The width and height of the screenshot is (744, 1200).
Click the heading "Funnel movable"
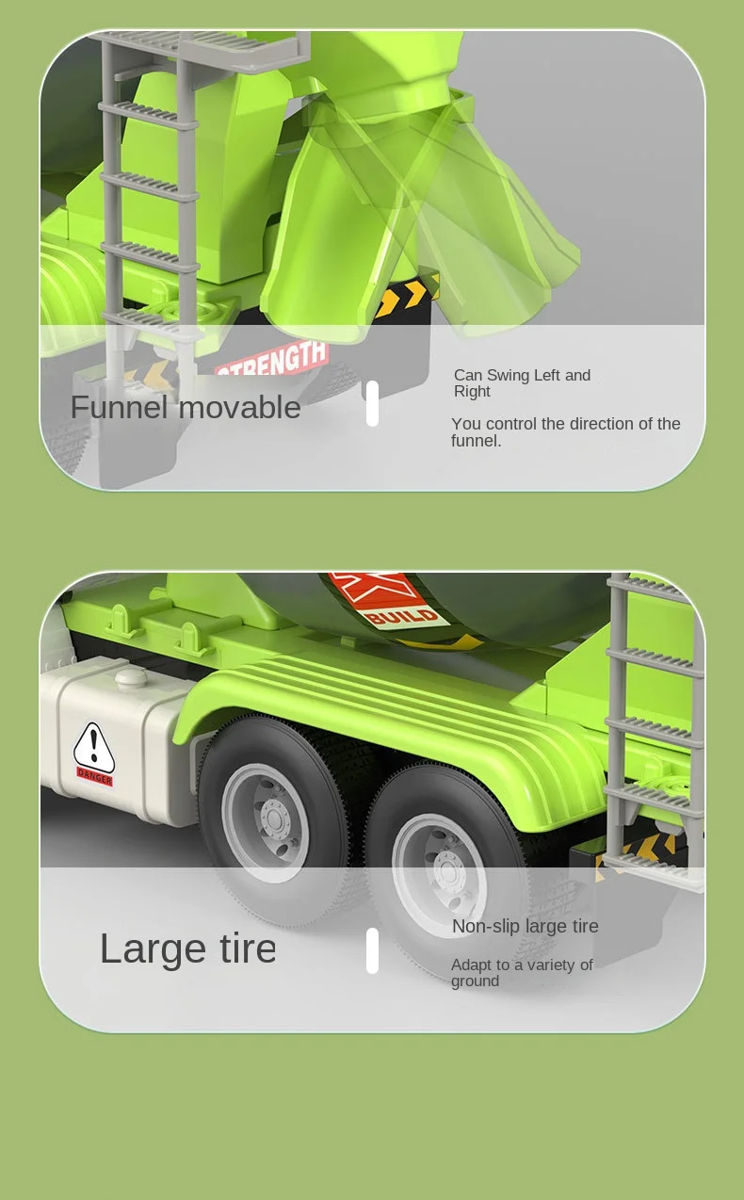tap(186, 407)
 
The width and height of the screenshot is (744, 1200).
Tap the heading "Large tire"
tap(188, 949)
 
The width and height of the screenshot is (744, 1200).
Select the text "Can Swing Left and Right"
tap(523, 383)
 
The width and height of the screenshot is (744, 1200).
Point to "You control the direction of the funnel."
tap(566, 431)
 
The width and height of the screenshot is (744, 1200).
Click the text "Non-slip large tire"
tap(525, 926)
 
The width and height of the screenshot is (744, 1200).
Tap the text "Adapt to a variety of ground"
tap(522, 972)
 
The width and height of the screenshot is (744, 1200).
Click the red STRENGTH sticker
tap(272, 359)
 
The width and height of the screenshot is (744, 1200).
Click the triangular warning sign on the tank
tap(94, 745)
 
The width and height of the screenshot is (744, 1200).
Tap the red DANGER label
tap(95, 776)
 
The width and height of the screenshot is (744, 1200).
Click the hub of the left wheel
tap(274, 819)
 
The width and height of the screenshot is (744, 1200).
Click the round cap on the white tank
tap(131, 678)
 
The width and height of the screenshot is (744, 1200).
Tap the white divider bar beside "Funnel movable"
tap(372, 403)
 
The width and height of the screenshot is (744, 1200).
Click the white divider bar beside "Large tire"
tap(372, 950)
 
